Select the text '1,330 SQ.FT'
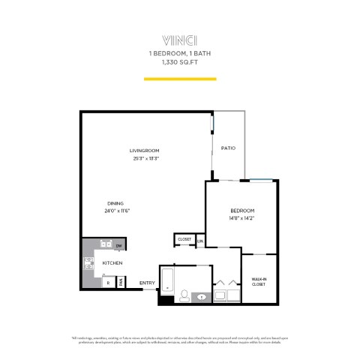[180, 63]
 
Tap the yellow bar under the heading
[180, 78]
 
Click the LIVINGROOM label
[146, 151]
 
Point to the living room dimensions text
[146, 158]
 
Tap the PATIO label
[228, 148]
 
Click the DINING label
[116, 203]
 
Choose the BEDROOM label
[242, 210]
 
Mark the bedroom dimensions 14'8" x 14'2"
[242, 218]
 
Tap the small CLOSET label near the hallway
[184, 240]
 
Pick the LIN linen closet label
[199, 241]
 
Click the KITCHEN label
[113, 263]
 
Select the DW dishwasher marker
[119, 245]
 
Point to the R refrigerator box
[108, 282]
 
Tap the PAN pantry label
[121, 283]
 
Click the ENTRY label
[147, 283]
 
